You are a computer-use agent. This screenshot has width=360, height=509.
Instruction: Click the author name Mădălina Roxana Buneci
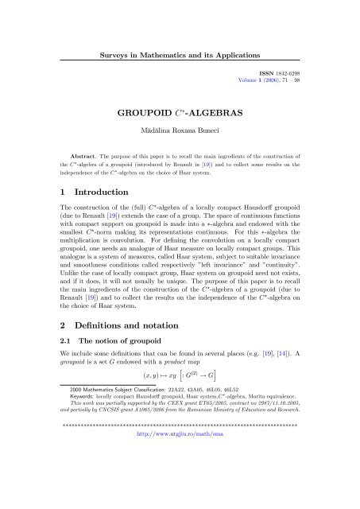pos(180,130)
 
